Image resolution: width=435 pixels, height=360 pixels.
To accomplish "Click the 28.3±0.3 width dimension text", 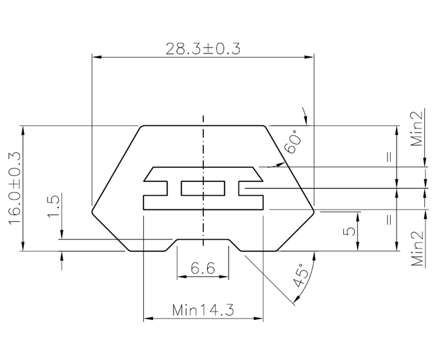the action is click(203, 49).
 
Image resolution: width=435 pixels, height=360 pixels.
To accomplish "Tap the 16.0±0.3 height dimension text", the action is click(14, 188).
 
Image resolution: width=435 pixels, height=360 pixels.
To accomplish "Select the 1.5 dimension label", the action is click(53, 206).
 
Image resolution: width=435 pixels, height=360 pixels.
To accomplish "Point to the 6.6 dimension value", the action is click(203, 268).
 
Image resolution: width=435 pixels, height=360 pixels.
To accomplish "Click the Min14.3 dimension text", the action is click(203, 310).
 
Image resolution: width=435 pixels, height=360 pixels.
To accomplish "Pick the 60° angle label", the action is click(293, 142).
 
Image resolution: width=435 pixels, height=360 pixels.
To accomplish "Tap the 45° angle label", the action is click(301, 275).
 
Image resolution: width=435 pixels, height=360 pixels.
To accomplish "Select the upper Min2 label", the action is click(418, 128).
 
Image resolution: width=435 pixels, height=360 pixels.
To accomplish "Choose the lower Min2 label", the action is click(418, 248).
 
